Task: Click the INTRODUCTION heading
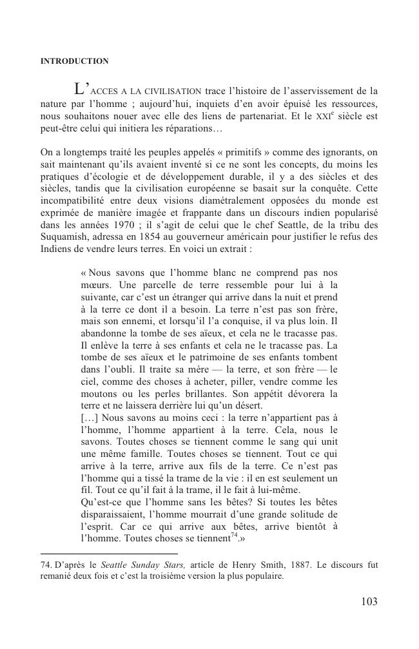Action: (x=74, y=61)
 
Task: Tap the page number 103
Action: (x=369, y=602)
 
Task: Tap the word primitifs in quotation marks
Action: (x=208, y=152)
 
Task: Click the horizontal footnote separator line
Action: (x=108, y=553)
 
